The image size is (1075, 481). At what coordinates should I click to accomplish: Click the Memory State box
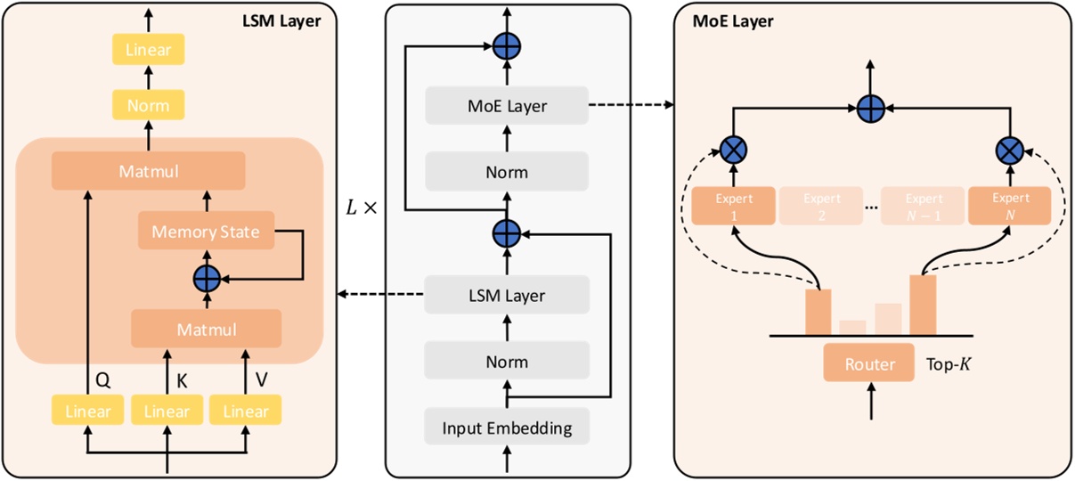[206, 232]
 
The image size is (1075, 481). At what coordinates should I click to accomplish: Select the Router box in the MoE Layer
[869, 363]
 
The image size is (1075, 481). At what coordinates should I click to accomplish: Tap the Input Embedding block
[507, 428]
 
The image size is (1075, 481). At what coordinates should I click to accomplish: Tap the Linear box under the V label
[245, 411]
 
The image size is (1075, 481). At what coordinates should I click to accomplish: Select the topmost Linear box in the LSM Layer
[148, 49]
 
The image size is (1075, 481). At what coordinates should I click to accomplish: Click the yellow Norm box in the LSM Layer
[148, 106]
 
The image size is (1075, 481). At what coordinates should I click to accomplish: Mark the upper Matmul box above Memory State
[148, 169]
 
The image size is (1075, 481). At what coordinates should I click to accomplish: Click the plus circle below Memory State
[207, 279]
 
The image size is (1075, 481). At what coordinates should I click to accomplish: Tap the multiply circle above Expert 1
[733, 150]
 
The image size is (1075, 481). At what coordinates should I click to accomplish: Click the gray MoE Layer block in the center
[507, 106]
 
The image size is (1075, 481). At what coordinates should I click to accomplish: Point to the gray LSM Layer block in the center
[507, 296]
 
